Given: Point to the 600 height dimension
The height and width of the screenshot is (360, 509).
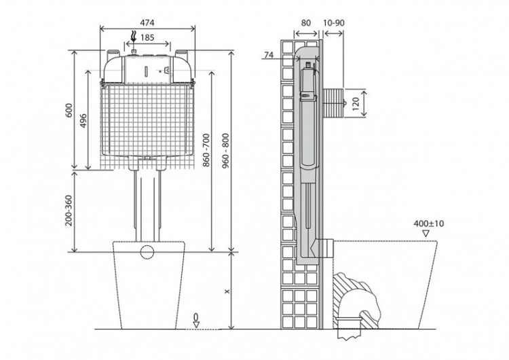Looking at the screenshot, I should click(x=69, y=110).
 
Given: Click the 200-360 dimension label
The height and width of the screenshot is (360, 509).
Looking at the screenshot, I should click(x=69, y=211).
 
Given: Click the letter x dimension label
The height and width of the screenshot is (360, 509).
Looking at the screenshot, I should click(x=227, y=291).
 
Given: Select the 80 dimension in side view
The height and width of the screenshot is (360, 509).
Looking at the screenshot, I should click(x=305, y=22).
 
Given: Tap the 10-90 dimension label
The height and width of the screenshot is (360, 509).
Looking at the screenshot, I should click(x=334, y=22).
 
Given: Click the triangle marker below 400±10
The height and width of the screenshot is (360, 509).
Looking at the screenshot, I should click(x=426, y=234).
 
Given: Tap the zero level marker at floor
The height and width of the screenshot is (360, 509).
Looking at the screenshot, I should click(x=196, y=321).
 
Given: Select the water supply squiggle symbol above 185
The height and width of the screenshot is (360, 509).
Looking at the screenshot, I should click(x=134, y=38).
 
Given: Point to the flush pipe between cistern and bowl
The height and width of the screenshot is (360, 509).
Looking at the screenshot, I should click(x=147, y=204).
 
